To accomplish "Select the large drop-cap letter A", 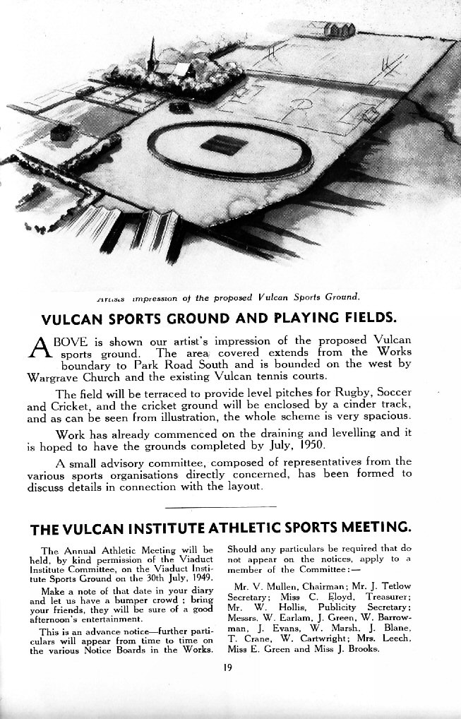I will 42,348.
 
